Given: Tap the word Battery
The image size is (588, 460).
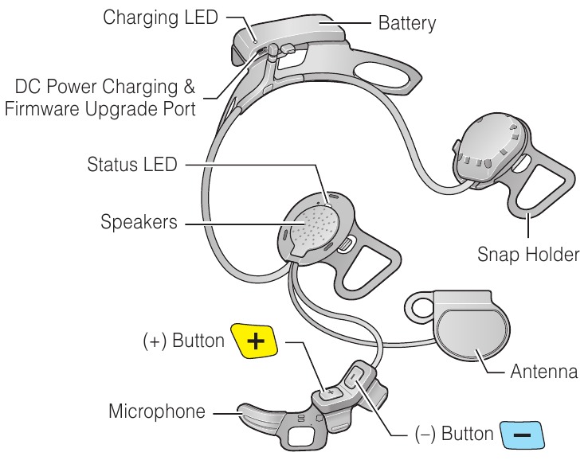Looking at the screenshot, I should (x=407, y=23).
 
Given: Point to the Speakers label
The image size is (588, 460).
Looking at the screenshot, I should (x=139, y=222).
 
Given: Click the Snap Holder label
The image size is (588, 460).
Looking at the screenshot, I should (x=527, y=255).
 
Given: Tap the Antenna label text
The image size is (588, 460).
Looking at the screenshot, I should (x=546, y=372).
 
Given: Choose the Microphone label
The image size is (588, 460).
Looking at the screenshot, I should (x=156, y=411).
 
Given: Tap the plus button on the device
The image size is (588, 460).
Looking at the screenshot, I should (x=329, y=392).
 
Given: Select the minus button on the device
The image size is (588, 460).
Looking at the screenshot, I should (x=355, y=375).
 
